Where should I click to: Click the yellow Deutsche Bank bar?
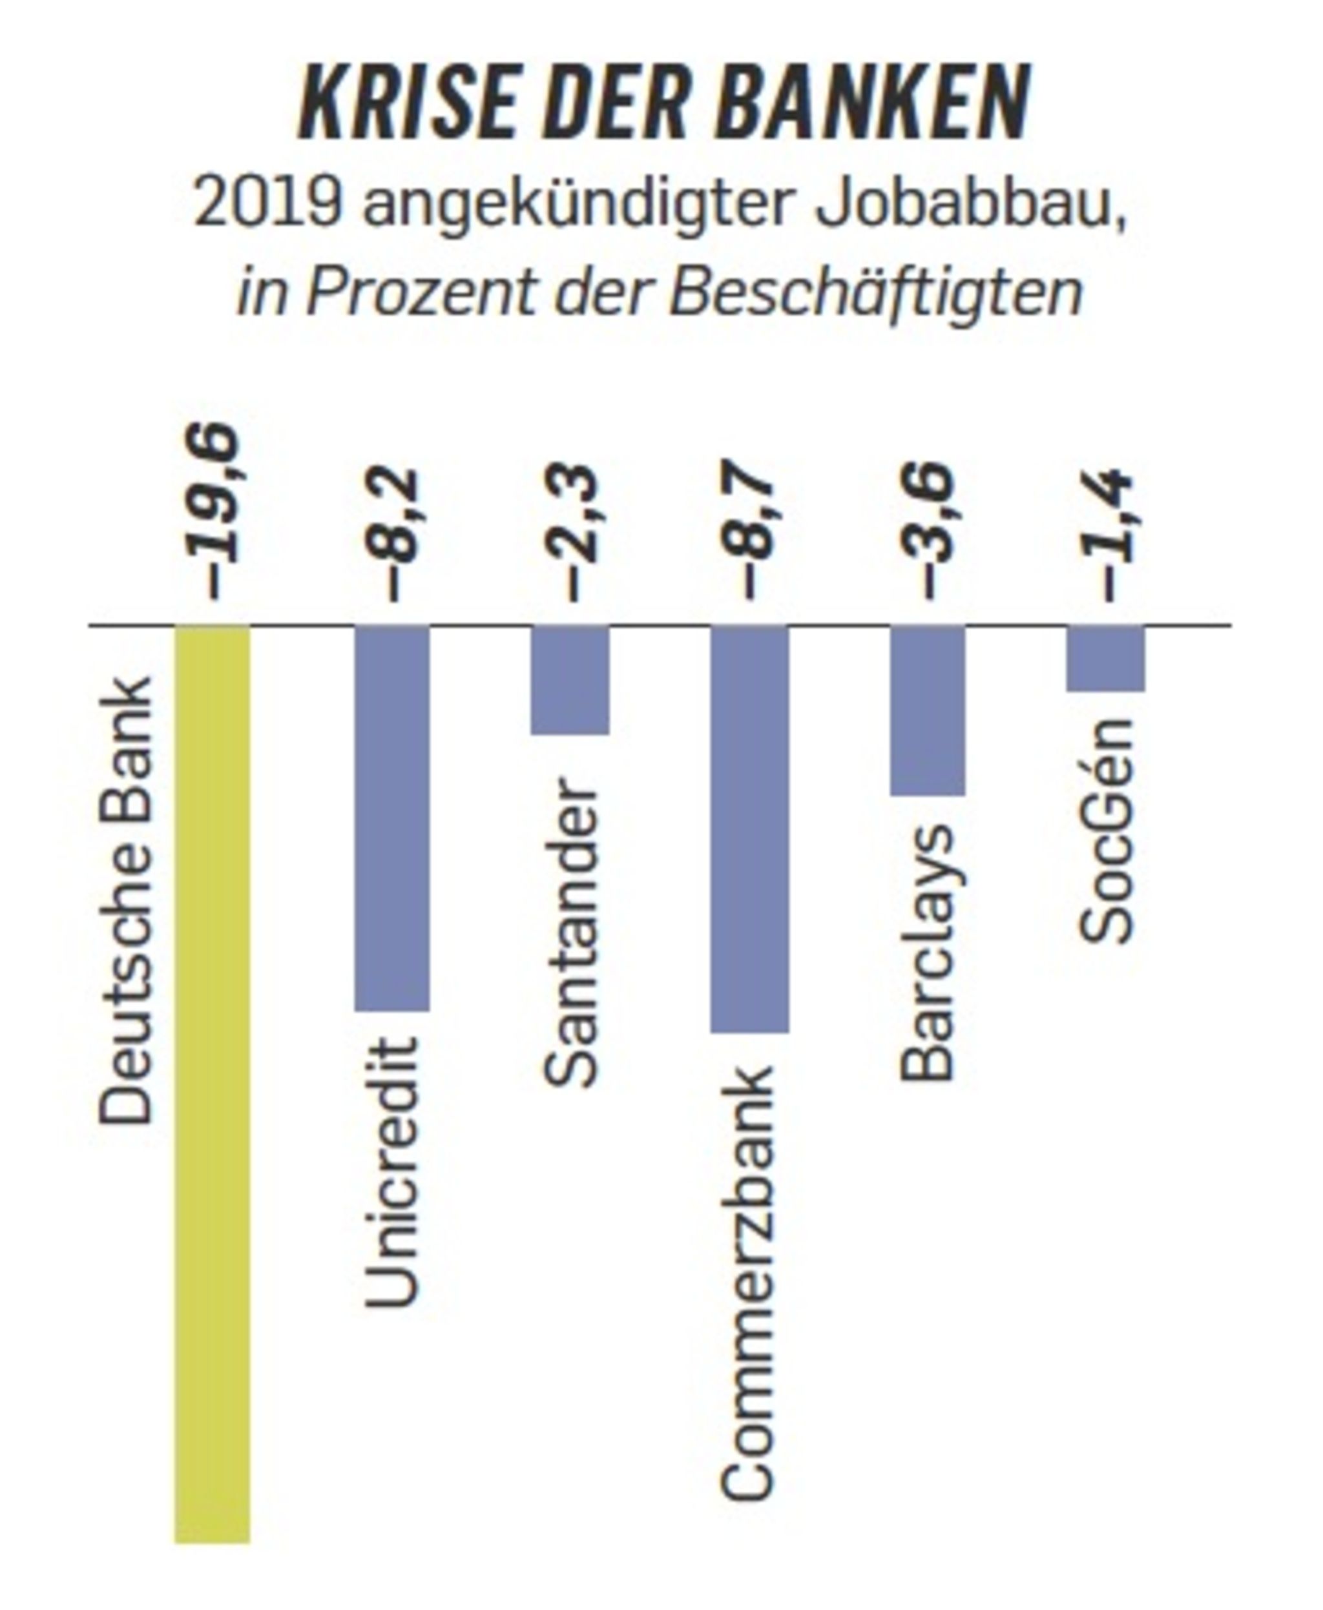tap(213, 1082)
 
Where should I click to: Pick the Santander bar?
tap(570, 681)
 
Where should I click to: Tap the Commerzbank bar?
tap(750, 829)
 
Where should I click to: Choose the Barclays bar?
tap(928, 711)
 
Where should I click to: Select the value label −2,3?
tap(573, 535)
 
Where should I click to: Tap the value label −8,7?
tap(751, 535)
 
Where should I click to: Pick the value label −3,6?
tap(930, 535)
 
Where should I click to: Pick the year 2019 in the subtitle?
tap(267, 203)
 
